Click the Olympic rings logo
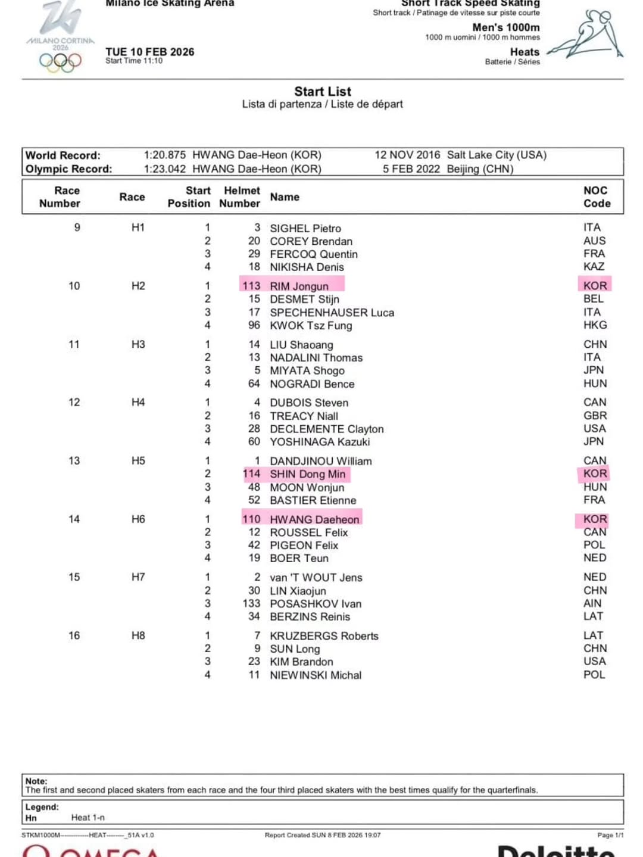coord(60,61)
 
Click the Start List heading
coord(323,91)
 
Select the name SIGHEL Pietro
coord(305,228)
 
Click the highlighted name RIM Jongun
coord(299,286)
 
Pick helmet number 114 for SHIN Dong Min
coord(251,474)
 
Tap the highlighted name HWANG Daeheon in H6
coord(314,519)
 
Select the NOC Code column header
coord(597,197)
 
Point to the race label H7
coord(138,577)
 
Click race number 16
coord(74,635)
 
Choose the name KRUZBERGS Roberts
coord(324,636)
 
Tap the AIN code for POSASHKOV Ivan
coord(592,603)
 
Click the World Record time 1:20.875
coord(165,155)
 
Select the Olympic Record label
coord(68,169)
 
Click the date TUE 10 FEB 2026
coord(150,52)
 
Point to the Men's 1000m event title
coord(505,27)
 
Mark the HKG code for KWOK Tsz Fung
coord(595,325)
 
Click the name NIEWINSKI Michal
coord(316,675)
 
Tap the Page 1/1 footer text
coord(610,835)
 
